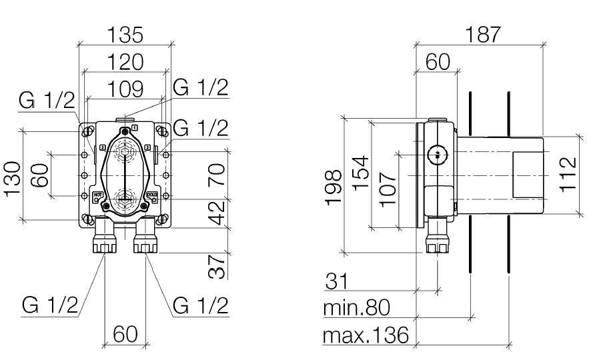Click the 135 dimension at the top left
tap(125, 35)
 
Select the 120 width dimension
tap(125, 61)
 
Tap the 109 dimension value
tap(125, 87)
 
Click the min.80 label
tap(356, 307)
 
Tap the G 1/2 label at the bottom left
tap(49, 305)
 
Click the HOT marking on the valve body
tap(97, 195)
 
